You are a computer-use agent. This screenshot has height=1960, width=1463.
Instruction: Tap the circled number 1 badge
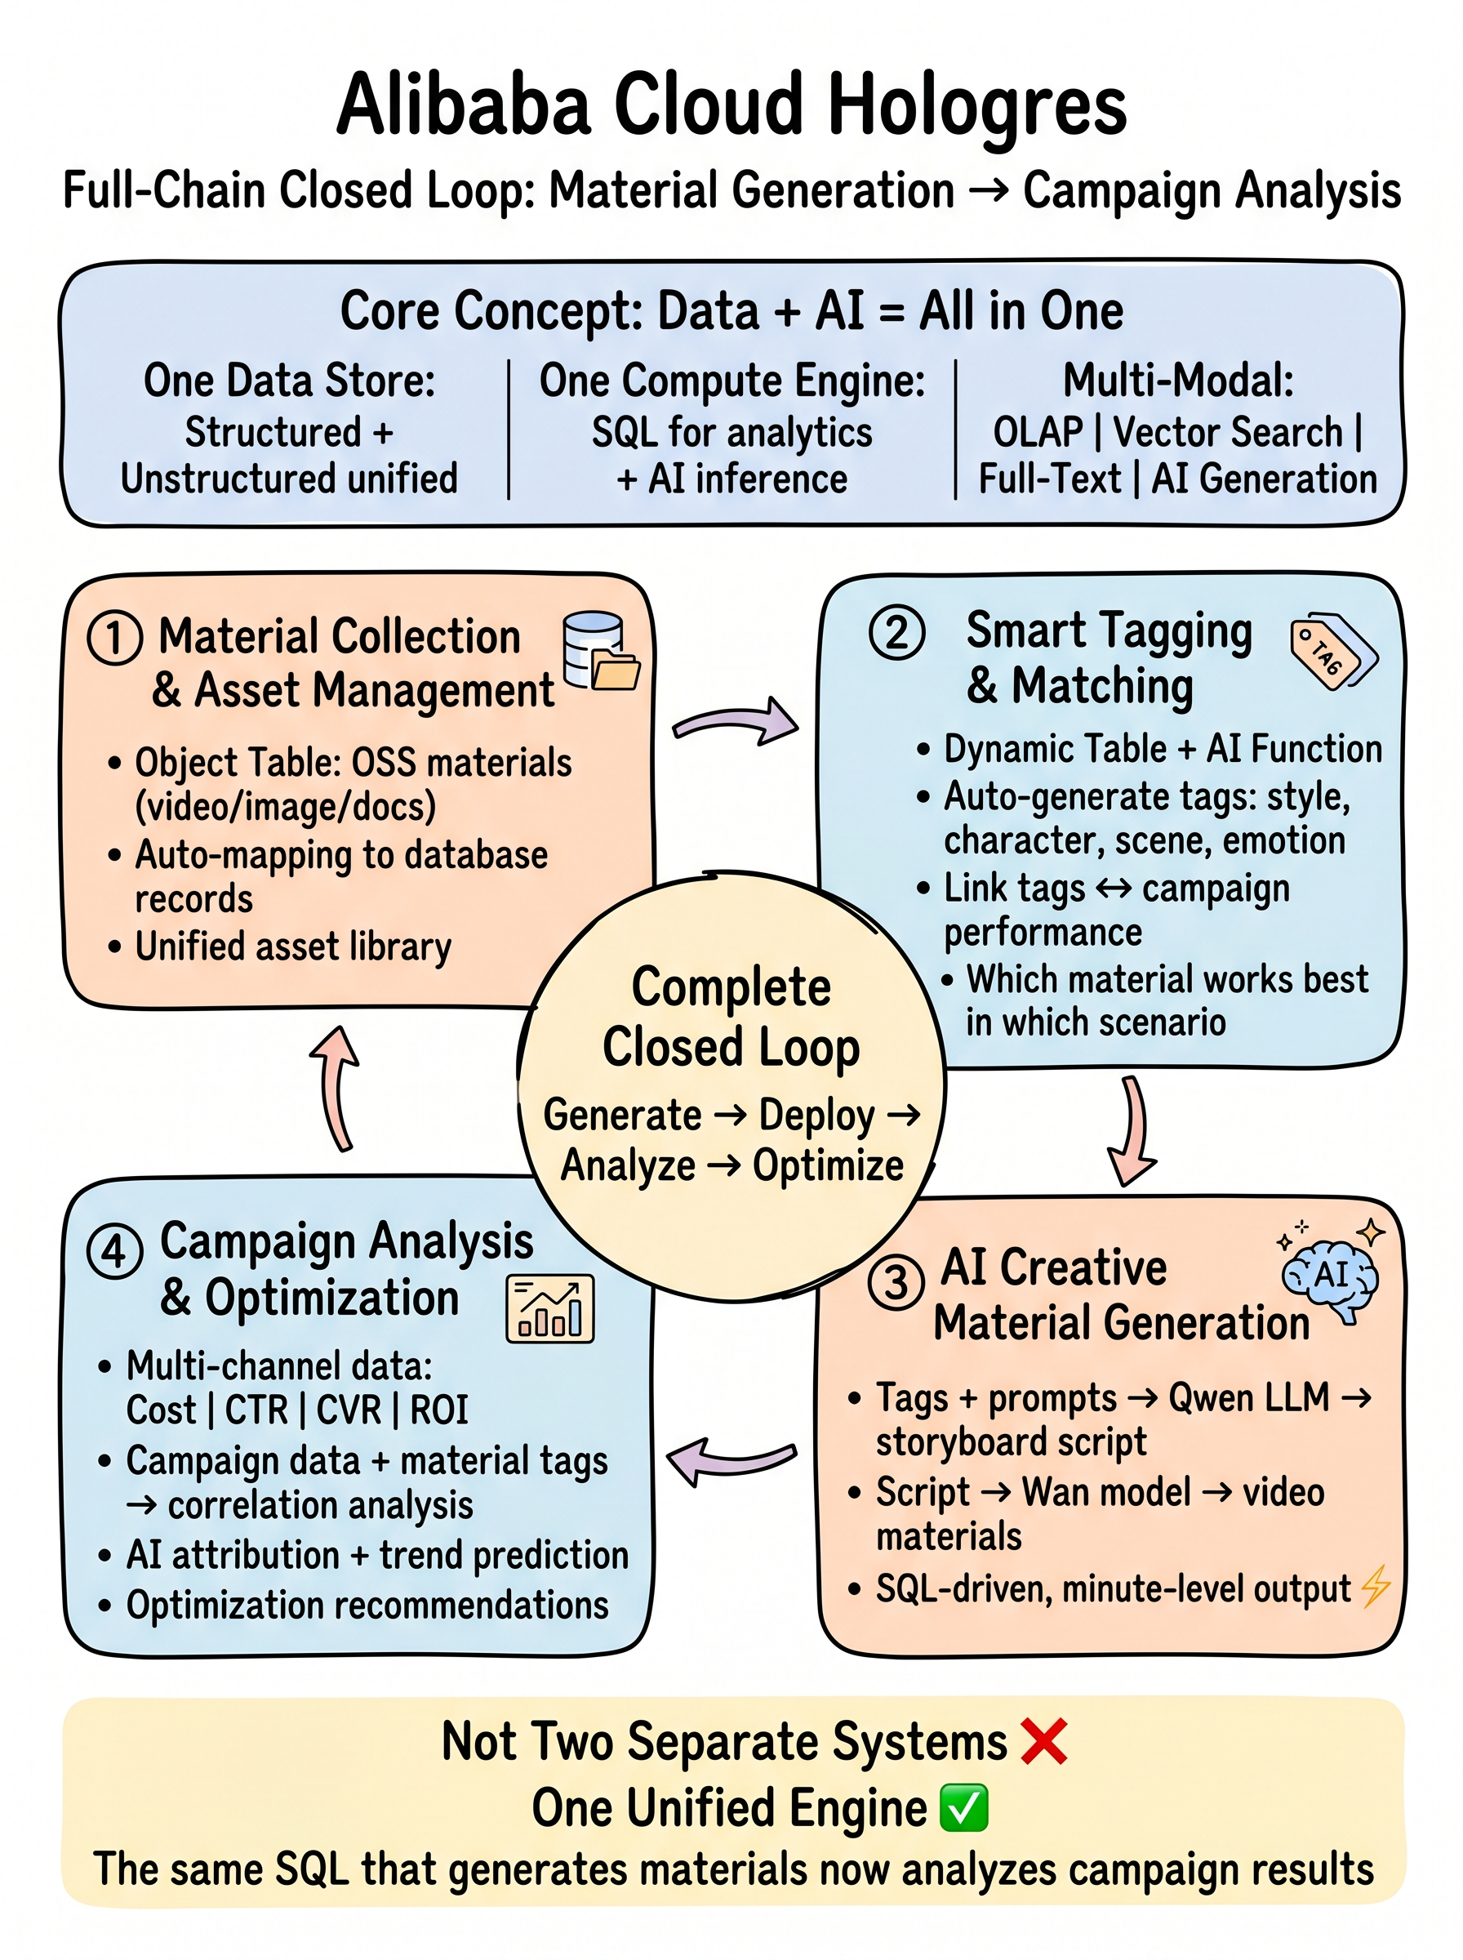coord(115,638)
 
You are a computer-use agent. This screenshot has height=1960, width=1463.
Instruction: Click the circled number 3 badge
coord(896,1281)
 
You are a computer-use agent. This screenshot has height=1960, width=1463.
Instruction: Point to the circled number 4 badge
coord(115,1251)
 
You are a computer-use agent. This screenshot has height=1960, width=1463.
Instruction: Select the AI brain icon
coord(1331,1272)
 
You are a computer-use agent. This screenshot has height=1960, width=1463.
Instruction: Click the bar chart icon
coord(550,1309)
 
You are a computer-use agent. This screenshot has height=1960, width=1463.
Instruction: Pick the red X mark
coord(1044,1741)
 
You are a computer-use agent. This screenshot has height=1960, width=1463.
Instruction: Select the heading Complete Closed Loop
coord(731,1017)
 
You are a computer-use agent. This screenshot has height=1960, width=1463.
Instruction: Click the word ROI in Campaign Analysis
coord(439,1410)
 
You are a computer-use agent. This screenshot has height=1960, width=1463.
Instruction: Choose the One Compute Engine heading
coord(732,381)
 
